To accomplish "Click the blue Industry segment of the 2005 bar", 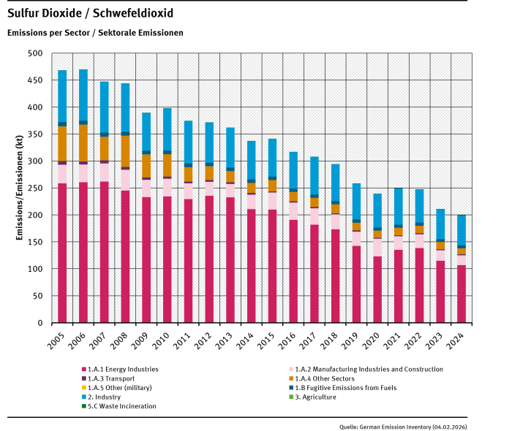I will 62,96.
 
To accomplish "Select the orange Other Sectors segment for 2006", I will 83,143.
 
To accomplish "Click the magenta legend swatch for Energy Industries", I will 83,369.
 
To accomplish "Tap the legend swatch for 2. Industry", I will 83,396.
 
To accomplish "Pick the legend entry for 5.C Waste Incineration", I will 121,405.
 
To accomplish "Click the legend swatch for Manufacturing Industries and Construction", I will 291,369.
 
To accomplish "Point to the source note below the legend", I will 403,424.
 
